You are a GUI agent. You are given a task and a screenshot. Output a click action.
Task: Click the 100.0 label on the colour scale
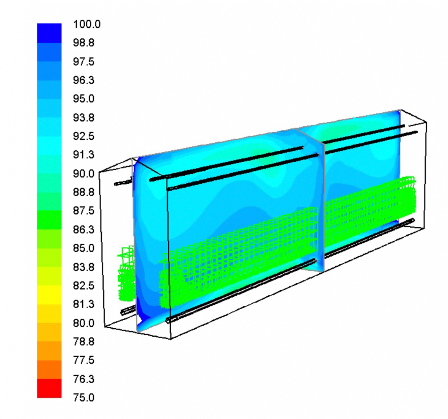click(x=87, y=24)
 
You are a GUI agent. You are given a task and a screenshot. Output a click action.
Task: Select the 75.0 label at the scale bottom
click(x=83, y=397)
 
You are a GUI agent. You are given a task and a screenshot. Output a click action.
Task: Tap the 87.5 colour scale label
click(x=83, y=211)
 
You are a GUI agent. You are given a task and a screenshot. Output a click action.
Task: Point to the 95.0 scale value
click(x=83, y=99)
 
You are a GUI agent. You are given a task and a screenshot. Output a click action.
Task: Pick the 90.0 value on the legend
click(x=83, y=173)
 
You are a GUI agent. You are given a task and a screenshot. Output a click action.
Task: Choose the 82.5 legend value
click(x=83, y=285)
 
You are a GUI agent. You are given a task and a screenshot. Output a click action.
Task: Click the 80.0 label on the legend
click(x=83, y=323)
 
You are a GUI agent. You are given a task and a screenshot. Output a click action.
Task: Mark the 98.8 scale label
click(x=83, y=43)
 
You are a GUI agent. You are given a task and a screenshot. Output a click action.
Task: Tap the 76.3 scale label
click(x=83, y=379)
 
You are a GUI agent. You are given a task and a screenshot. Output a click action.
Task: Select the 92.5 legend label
click(x=83, y=136)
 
